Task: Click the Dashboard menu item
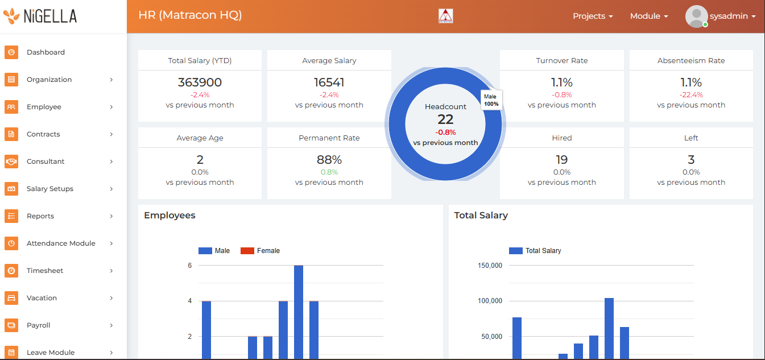(46, 52)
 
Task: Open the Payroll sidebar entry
(39, 325)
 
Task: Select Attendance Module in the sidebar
(61, 243)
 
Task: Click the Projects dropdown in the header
(593, 16)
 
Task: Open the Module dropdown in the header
(649, 16)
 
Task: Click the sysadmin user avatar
(697, 16)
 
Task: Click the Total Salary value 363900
(200, 82)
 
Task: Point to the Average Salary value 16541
(329, 82)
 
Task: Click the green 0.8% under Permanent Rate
(329, 172)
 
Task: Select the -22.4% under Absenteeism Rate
(691, 95)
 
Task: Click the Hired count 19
(561, 160)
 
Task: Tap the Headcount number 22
(445, 119)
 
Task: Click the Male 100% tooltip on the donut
(491, 100)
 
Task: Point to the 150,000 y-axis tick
(490, 266)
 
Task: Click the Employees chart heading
(169, 216)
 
